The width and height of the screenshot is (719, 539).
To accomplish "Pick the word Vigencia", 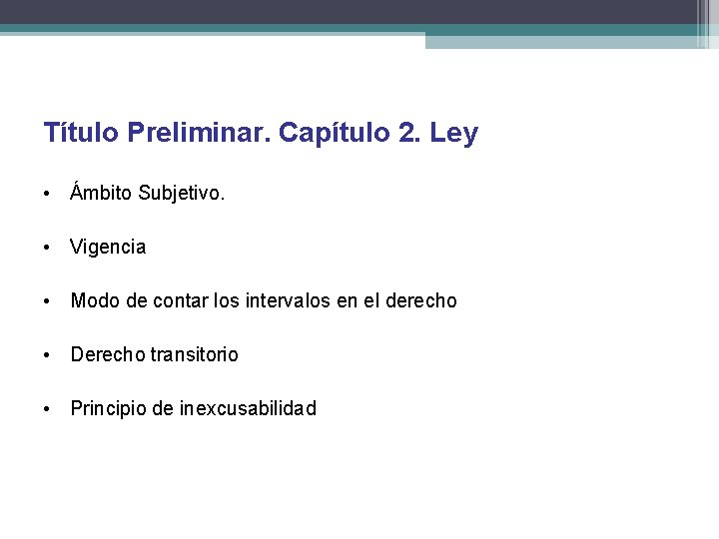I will coord(108,247).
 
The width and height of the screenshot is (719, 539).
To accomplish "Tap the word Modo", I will coord(92,300).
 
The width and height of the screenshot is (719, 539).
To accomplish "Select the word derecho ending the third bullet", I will coord(422,300).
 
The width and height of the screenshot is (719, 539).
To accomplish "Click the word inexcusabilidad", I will coord(248,408).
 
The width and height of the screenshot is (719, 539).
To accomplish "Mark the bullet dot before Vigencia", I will coord(49,248).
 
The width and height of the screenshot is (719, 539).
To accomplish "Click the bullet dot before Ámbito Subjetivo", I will coord(49,194).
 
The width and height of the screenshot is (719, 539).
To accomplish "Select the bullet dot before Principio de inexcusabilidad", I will coord(49,409).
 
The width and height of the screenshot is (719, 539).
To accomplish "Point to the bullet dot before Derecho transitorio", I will coord(49,355).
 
